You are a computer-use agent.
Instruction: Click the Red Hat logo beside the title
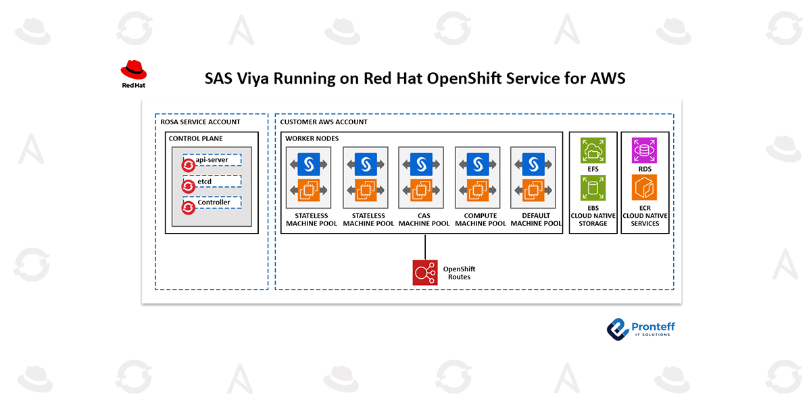coord(133,74)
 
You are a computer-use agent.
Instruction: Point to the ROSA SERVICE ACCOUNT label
coord(200,122)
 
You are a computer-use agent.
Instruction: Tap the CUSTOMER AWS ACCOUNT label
coord(324,122)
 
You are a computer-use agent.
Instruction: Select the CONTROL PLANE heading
coord(195,138)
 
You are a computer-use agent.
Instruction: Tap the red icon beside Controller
coord(189,208)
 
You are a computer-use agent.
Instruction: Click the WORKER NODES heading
coord(312,138)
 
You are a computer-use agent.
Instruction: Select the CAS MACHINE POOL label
coord(424,219)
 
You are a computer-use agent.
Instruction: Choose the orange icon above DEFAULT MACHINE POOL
coord(535,191)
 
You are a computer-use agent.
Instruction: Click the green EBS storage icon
coord(593,188)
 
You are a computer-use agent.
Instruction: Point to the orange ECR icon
coord(644,188)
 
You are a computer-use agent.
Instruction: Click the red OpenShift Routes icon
coord(425,273)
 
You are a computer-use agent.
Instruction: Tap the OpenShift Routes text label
coord(459,273)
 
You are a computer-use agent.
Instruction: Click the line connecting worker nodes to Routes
coord(425,246)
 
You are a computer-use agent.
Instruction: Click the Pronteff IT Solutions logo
coord(640,329)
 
